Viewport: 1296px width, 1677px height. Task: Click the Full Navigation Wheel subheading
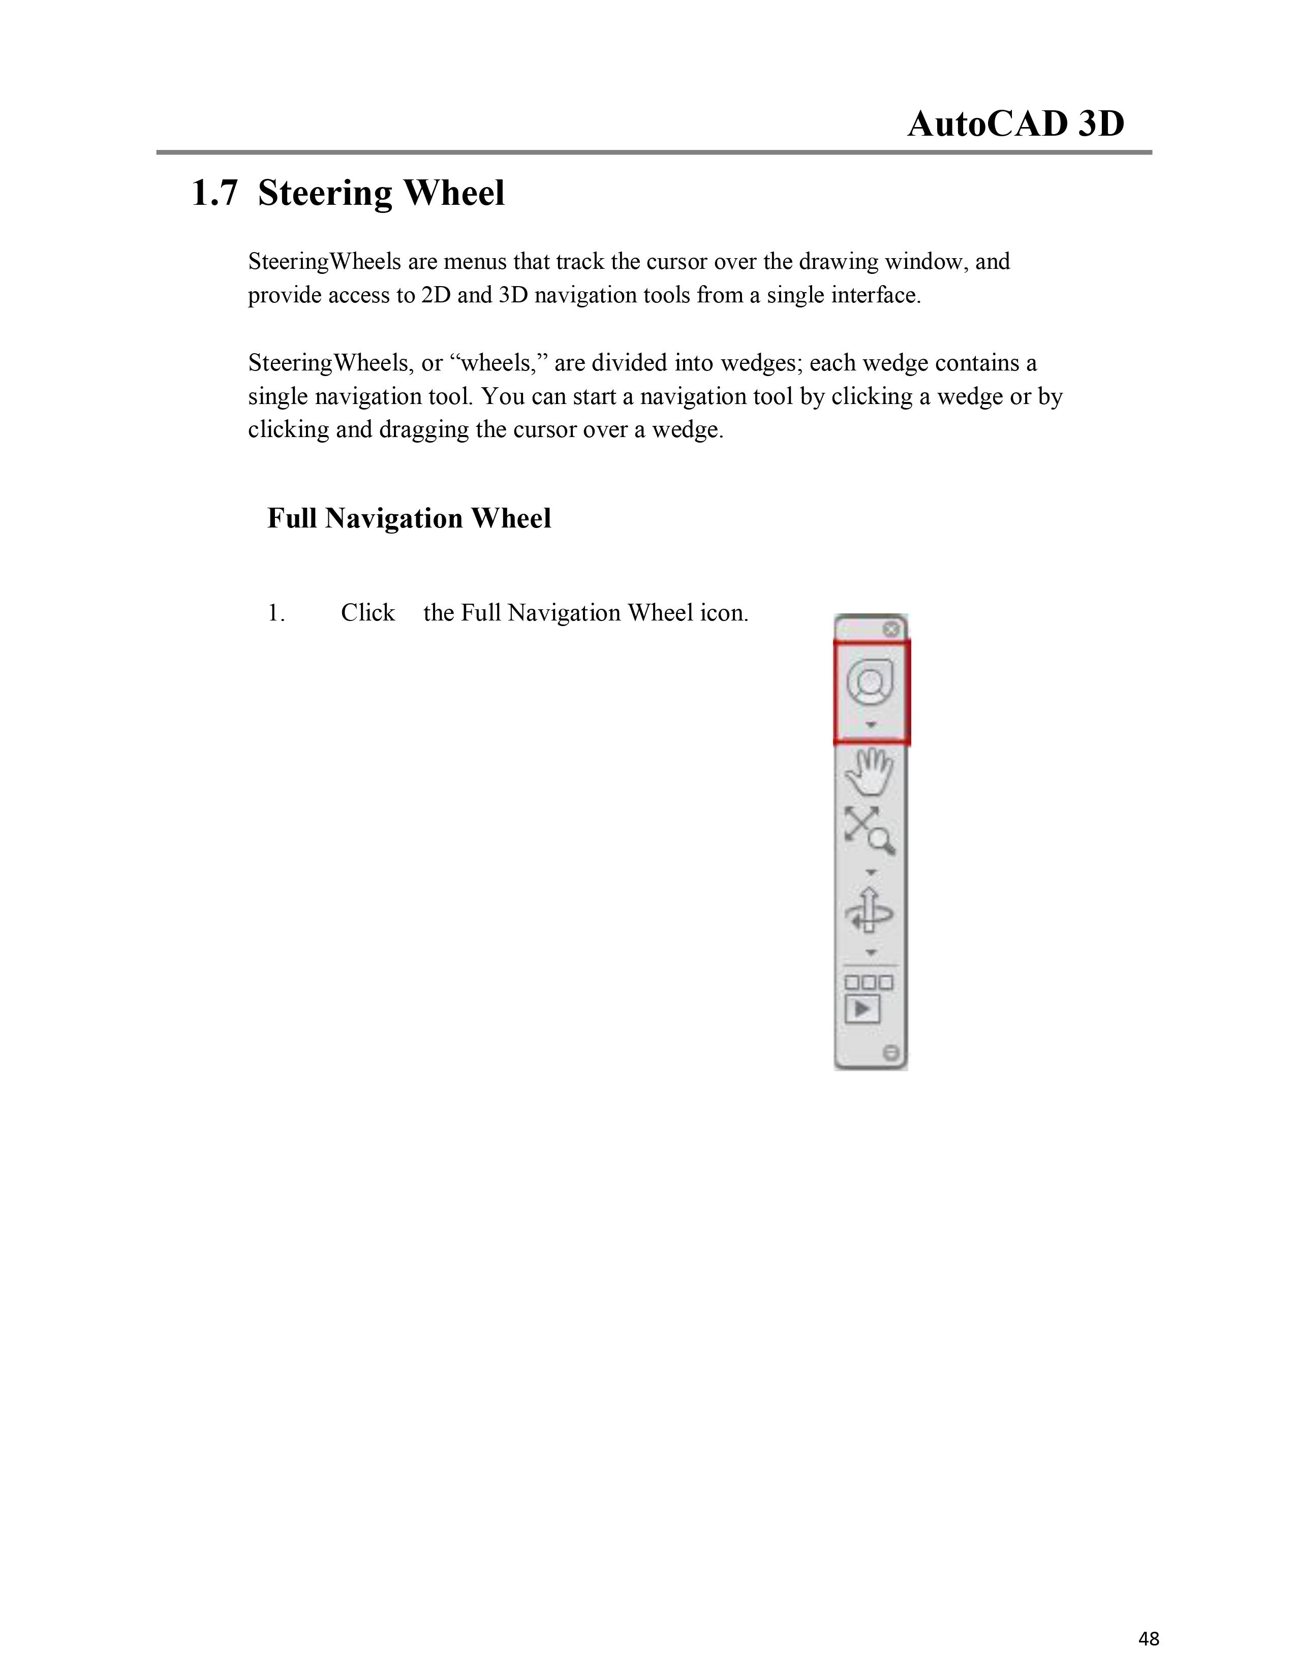[x=409, y=518]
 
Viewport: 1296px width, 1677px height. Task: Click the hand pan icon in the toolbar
[x=870, y=772]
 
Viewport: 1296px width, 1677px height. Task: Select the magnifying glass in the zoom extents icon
[x=881, y=841]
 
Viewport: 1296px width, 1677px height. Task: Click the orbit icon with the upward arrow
[x=869, y=911]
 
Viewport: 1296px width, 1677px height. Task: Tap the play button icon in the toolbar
[x=862, y=1009]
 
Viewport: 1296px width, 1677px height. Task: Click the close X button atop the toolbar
[x=890, y=630]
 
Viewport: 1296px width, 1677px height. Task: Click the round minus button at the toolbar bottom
[x=890, y=1053]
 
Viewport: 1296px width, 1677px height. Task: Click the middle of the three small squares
[x=869, y=983]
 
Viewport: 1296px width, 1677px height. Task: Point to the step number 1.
[x=276, y=613]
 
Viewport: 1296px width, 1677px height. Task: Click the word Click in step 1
[x=368, y=613]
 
